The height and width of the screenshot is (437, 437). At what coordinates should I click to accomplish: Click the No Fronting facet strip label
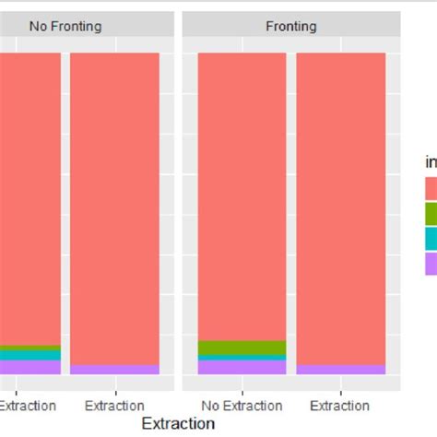coord(65,27)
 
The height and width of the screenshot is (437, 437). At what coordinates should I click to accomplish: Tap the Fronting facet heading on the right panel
coord(290,27)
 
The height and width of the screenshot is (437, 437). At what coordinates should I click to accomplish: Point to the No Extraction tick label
coord(242,406)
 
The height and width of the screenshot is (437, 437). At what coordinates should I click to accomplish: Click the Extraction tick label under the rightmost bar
coord(341,406)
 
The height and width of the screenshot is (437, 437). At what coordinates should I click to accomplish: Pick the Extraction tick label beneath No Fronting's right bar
coord(114,406)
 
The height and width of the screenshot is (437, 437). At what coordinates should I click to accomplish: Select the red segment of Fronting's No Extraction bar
coord(242,194)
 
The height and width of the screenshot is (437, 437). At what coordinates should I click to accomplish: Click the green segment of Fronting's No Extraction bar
coord(242,348)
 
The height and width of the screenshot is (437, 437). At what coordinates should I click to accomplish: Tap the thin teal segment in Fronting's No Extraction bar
coord(242,358)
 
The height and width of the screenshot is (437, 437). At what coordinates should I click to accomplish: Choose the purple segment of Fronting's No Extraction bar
coord(242,367)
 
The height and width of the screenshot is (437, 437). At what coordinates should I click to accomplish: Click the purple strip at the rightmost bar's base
coord(341,369)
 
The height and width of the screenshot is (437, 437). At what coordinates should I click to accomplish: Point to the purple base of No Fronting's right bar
coord(114,369)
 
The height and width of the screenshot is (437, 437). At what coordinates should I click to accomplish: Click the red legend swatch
coord(431,189)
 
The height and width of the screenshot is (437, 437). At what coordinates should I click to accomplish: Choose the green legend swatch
coord(431,214)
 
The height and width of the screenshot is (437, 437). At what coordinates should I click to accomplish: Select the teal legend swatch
coord(431,239)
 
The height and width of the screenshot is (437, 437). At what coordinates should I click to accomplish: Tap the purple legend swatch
coord(431,264)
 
